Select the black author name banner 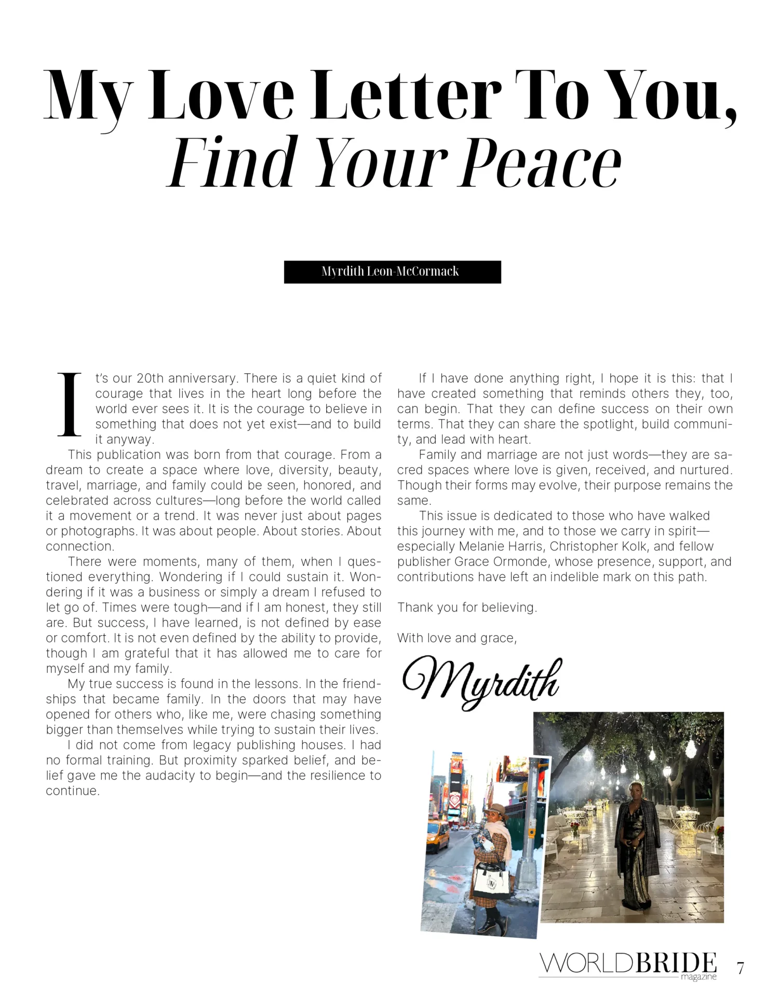point(392,272)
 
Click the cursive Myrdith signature point(481,682)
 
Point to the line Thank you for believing point(467,608)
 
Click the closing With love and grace point(457,638)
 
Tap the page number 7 point(741,968)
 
